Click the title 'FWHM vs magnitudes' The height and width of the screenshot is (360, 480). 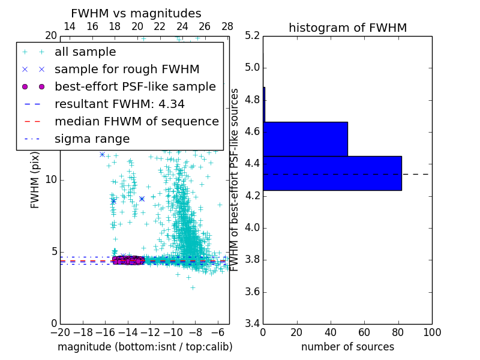point(136,14)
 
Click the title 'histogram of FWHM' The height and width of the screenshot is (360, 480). point(347,28)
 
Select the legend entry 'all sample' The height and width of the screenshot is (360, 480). point(85,52)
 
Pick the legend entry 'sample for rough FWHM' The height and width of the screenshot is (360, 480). point(127,69)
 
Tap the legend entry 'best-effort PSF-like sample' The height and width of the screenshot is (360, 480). point(135,86)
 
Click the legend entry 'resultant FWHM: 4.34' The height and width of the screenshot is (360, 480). point(119,104)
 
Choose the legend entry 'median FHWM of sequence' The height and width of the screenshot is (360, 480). point(136,121)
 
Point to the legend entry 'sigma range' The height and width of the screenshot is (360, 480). point(92,139)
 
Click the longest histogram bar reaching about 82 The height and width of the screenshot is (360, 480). point(332,173)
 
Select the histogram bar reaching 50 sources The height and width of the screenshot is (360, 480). point(305,139)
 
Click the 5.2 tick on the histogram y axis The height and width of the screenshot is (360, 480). point(251,35)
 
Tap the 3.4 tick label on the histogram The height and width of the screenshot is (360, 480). point(251,324)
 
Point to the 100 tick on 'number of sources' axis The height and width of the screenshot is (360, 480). point(431,332)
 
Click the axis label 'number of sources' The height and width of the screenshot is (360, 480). point(347,347)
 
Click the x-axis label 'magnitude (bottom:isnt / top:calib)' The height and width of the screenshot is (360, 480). point(145,347)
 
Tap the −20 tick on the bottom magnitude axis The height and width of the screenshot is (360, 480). point(60,332)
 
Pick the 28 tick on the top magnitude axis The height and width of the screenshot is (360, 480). point(227,26)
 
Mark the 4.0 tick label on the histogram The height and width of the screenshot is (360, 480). point(251,228)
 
